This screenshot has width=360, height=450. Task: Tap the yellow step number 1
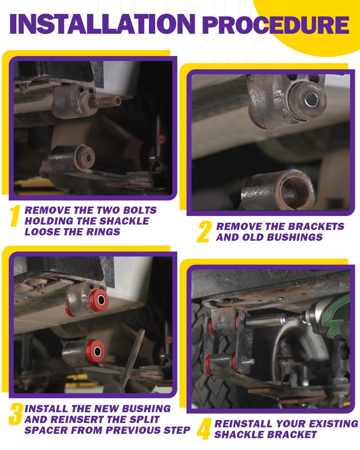(15, 216)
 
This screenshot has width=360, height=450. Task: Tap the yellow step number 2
(205, 231)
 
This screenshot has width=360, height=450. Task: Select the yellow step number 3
(16, 414)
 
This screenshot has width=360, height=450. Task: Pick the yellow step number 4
(204, 429)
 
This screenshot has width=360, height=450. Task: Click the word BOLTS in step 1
(140, 210)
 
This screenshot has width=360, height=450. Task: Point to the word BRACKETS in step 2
(316, 226)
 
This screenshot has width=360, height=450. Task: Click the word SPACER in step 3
(45, 430)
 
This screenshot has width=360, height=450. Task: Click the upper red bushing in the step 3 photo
(99, 301)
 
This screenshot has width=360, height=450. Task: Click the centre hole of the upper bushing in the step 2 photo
(311, 99)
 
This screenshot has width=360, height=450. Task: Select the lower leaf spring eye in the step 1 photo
(71, 157)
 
